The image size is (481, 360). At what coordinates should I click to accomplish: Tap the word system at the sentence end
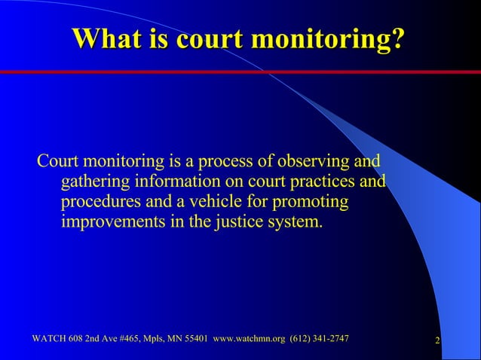point(289,224)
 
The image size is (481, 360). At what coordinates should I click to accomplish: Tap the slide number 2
point(438,343)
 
